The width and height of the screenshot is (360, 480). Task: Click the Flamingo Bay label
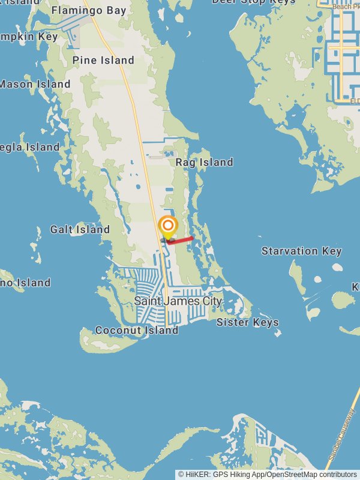point(88,10)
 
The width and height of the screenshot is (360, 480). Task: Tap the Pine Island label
point(103,60)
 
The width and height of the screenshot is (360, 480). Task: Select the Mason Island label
point(34,84)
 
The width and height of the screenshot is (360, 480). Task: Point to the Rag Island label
point(204,162)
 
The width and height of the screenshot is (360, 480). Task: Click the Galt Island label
point(80,229)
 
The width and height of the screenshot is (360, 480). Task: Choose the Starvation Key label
point(301,251)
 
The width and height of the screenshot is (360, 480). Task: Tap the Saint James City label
point(178,301)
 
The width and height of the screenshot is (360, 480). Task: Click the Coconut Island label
point(137,330)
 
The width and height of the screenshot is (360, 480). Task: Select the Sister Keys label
point(247,322)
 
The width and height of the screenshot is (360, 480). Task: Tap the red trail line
point(181,240)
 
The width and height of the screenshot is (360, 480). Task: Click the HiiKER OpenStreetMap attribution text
point(268,474)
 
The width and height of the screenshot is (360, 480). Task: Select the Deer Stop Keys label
point(254,2)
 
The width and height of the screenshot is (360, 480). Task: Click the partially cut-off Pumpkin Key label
point(29,37)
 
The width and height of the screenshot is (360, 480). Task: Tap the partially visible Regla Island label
point(29,147)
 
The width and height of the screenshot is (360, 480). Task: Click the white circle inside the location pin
point(169,226)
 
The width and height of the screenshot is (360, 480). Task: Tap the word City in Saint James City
point(208,301)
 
